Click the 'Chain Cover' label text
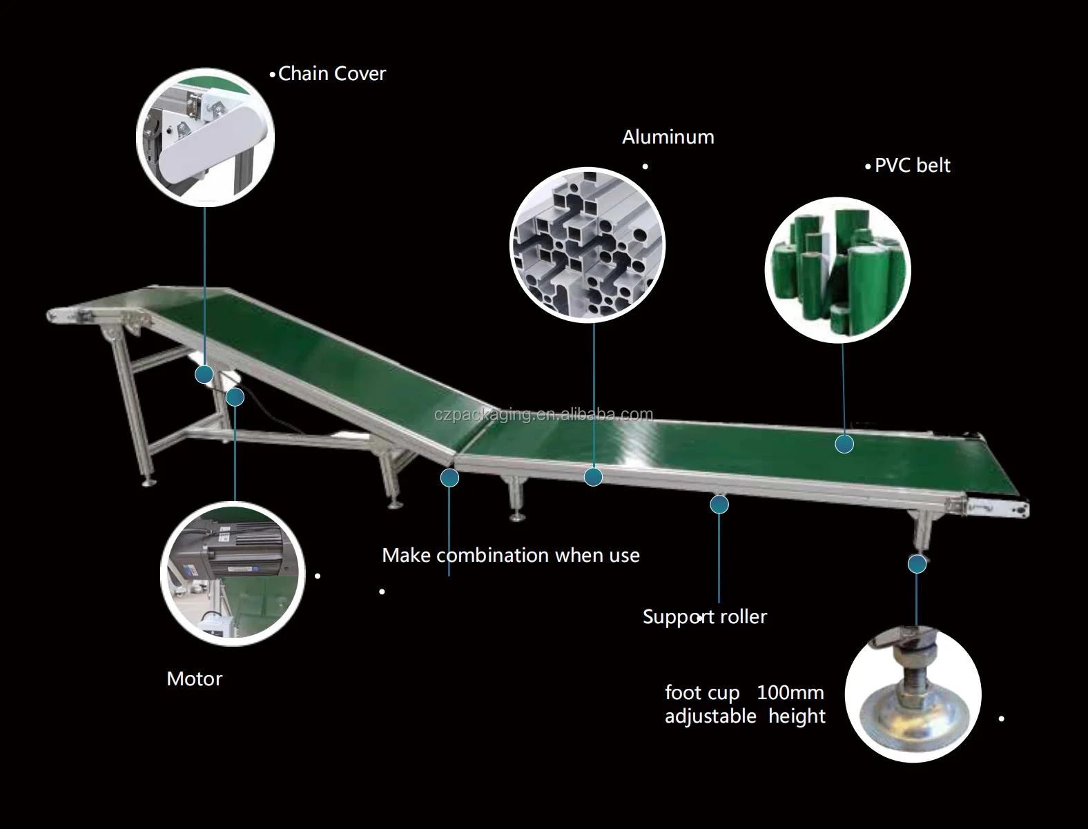coord(331,74)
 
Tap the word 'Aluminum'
coord(668,137)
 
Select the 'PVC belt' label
coord(912,166)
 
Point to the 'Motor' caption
coord(194,678)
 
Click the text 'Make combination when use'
coord(510,555)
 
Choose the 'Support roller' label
coord(704,616)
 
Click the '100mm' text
coord(790,692)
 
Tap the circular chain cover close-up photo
coord(205,137)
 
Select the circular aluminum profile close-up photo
coord(587,245)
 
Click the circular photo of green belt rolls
coord(837,271)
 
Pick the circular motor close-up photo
coord(233,574)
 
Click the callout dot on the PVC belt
coord(844,444)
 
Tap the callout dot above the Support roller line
coord(719,505)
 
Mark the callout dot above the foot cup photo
coord(917,564)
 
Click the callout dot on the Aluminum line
coord(593,476)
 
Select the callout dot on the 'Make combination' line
coord(449,477)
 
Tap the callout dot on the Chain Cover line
coord(204,374)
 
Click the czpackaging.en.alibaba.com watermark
coord(543,414)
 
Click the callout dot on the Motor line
coord(235,397)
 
